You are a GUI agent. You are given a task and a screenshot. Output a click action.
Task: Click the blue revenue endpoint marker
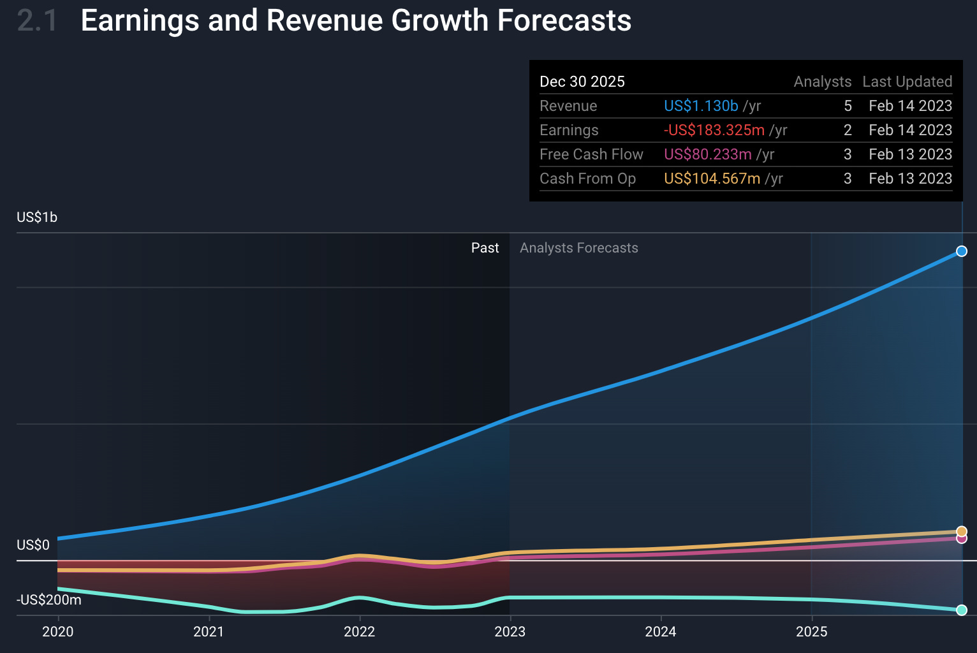[962, 251]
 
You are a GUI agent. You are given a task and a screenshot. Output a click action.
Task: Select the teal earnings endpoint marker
[962, 610]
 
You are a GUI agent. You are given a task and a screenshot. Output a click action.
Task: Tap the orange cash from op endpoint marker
[962, 531]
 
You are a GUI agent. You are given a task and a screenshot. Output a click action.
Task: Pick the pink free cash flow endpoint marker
[962, 539]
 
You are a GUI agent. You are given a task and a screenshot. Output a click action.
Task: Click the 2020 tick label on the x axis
[58, 631]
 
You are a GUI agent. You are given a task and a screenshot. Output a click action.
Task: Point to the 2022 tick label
[360, 631]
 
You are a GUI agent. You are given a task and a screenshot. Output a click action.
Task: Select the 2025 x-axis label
[812, 631]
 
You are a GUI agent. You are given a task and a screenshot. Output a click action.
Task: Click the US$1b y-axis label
[37, 217]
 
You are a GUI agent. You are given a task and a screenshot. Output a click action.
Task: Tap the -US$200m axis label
[49, 600]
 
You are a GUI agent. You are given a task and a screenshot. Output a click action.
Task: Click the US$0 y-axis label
[33, 545]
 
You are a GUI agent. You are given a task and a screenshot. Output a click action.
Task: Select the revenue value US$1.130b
[701, 106]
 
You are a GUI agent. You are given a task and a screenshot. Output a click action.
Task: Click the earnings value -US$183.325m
[714, 130]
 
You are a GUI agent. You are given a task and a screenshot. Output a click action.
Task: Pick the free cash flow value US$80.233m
[708, 154]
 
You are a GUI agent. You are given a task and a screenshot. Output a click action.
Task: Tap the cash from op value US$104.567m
[712, 179]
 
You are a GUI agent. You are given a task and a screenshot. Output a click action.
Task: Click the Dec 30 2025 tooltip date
[582, 82]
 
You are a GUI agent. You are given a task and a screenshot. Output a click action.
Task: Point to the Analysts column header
[823, 82]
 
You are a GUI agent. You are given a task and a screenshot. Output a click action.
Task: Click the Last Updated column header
[907, 82]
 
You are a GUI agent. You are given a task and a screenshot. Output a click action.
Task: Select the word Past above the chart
[485, 248]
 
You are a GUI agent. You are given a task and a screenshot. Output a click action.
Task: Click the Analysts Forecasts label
[579, 248]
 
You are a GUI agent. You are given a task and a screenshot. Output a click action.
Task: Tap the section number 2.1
[37, 20]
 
